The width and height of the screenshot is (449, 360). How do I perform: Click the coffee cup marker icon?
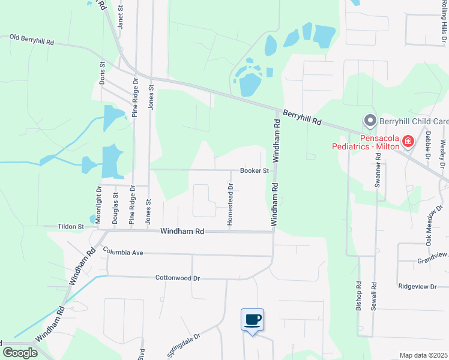click(253, 319)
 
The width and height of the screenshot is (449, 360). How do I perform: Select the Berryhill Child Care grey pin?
click(370, 121)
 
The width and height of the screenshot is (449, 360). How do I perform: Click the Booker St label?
click(254, 170)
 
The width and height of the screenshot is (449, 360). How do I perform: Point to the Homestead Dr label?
click(230, 205)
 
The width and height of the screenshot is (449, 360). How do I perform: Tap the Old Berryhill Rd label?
click(32, 40)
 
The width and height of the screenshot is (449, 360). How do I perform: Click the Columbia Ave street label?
click(123, 251)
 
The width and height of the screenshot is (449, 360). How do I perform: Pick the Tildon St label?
click(70, 227)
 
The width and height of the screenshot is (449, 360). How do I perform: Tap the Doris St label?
click(102, 72)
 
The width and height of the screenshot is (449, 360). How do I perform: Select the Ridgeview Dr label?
click(417, 287)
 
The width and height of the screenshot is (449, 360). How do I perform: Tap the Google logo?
click(19, 352)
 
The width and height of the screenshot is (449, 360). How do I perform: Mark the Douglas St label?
click(115, 205)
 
